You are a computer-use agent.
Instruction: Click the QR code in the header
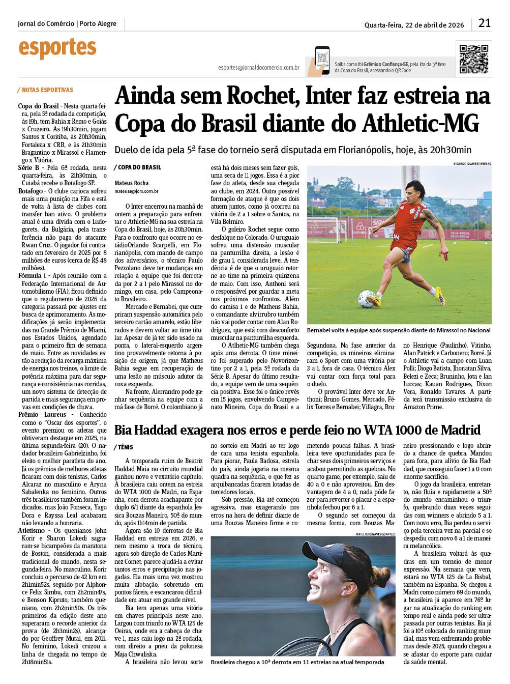point(474,60)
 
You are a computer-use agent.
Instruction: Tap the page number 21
point(484,23)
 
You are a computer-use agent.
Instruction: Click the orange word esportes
point(57,48)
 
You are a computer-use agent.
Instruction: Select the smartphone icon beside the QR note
point(321,61)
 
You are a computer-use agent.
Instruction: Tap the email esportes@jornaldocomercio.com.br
point(258,68)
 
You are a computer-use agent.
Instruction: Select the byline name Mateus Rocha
point(132,183)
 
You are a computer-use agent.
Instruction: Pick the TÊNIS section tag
point(125,447)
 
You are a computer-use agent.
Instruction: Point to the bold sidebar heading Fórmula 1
point(33,276)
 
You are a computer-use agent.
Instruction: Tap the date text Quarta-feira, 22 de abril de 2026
point(414,25)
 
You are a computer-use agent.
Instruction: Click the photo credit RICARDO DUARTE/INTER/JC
point(472,163)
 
